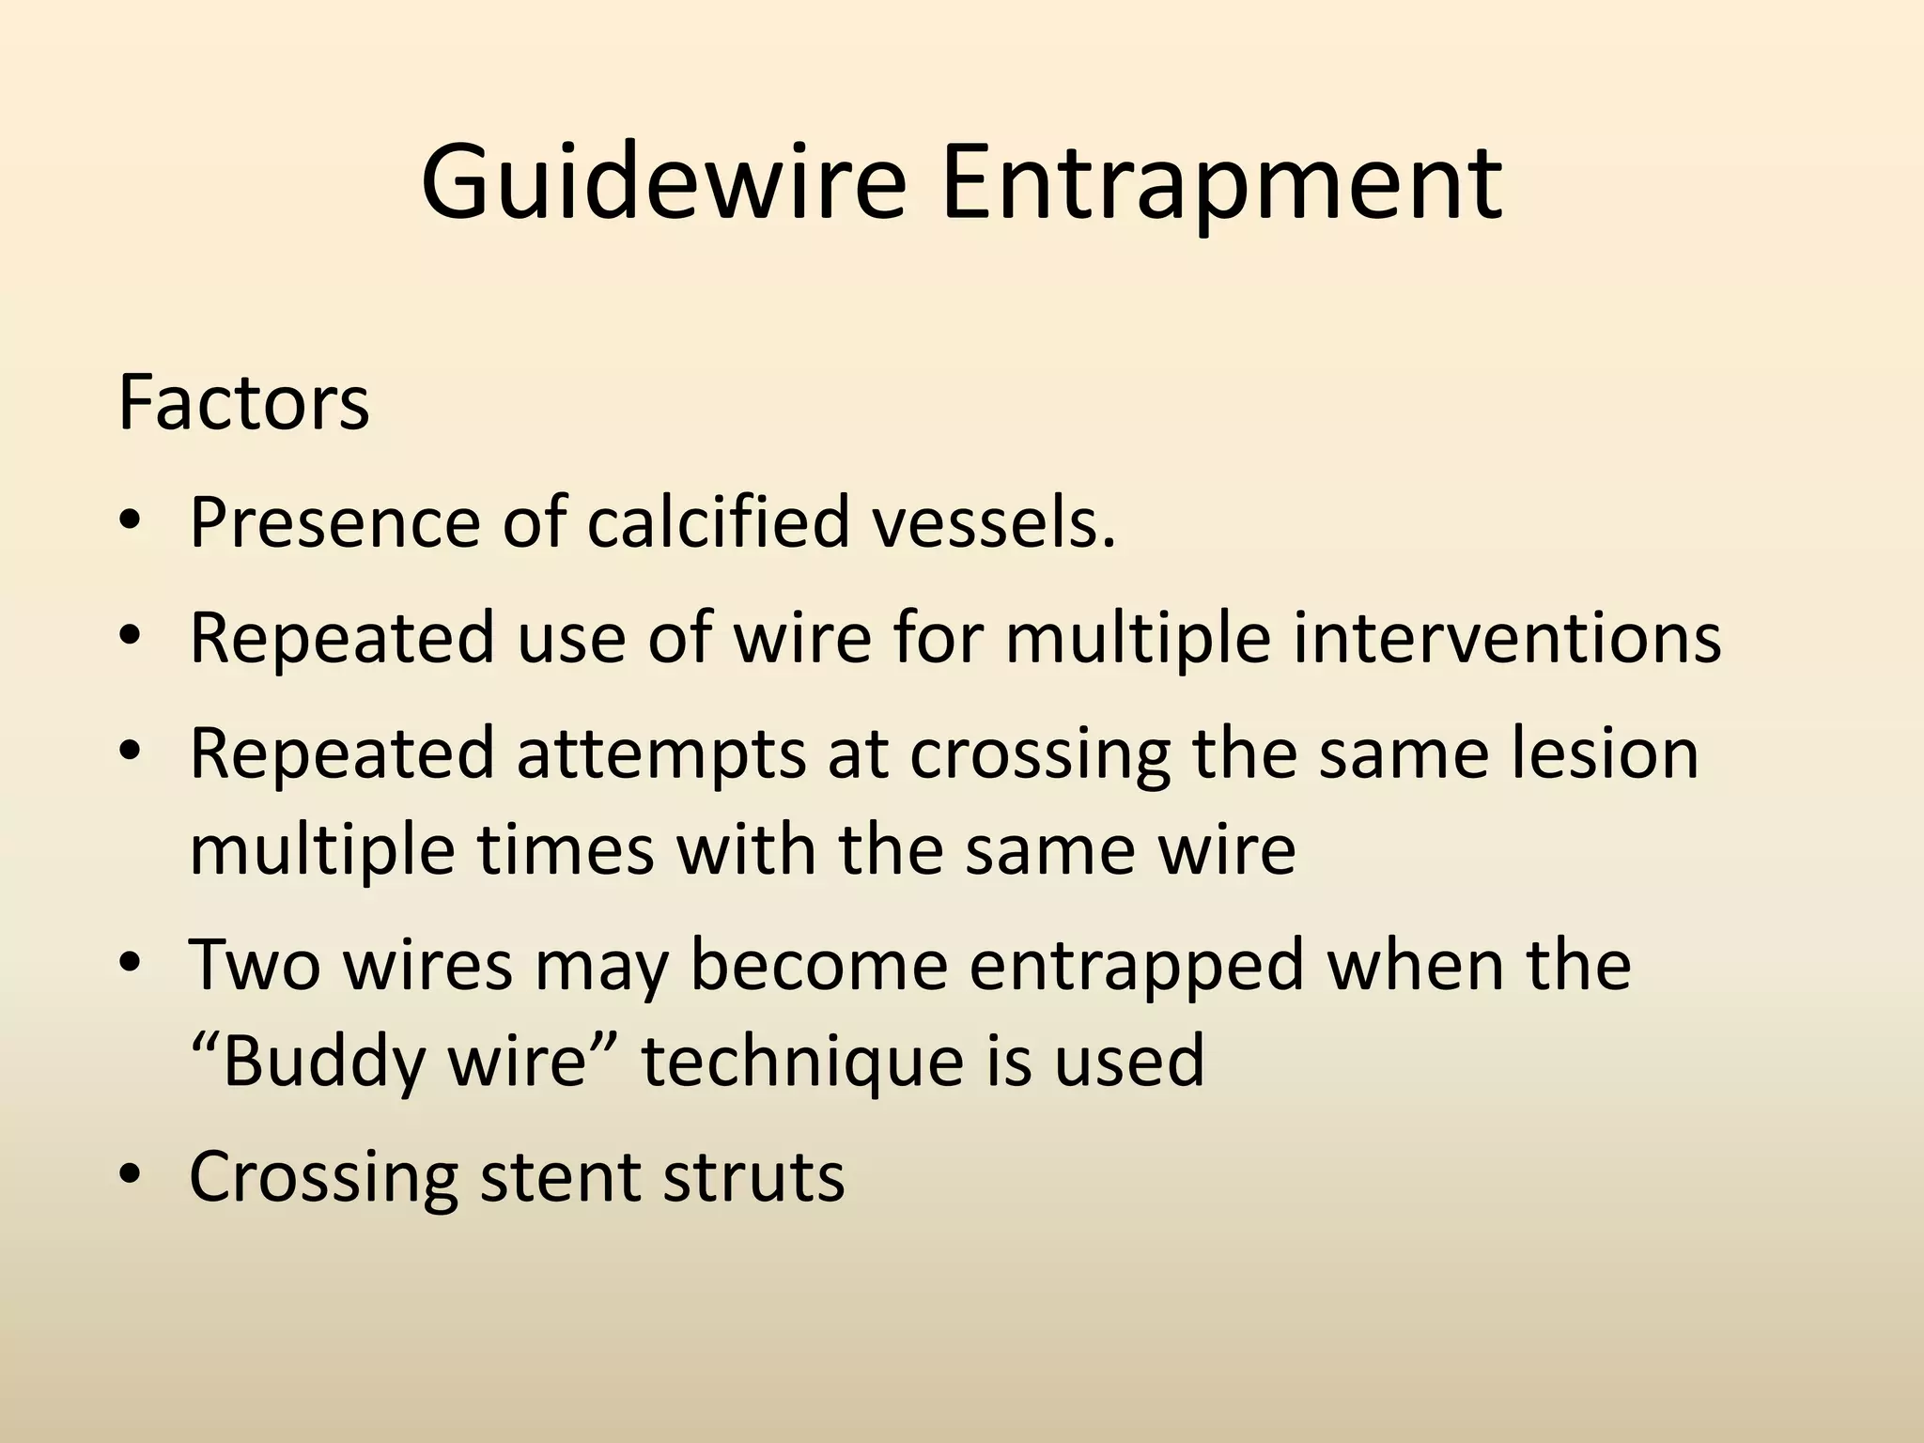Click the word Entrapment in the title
1221,183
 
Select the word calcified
719,521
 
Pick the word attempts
661,754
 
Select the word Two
254,965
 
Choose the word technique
802,1062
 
